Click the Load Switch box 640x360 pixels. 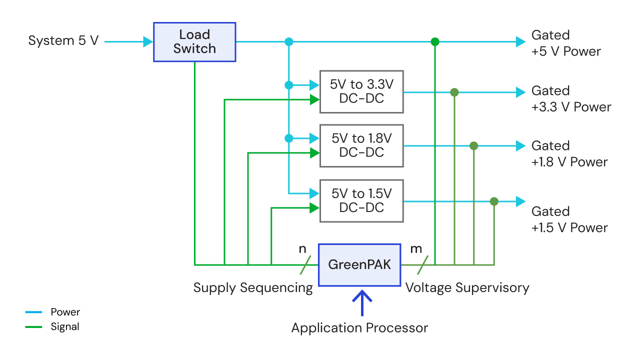tap(194, 42)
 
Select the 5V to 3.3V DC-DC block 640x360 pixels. tap(361, 91)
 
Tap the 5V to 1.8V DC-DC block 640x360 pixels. tap(361, 145)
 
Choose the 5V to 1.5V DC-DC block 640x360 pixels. tap(361, 200)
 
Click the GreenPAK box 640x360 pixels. tap(359, 265)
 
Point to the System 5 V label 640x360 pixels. tap(63, 41)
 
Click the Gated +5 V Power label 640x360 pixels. tap(565, 43)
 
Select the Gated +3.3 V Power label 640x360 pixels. tap(570, 99)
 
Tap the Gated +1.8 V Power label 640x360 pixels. tap(569, 154)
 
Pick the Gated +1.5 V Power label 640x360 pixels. tap(569, 219)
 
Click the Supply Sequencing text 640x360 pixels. tap(252, 287)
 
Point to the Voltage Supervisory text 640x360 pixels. tap(467, 287)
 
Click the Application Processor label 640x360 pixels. tap(359, 328)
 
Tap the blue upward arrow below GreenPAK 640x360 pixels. tap(362, 303)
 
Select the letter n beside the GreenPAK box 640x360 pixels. tap(302, 248)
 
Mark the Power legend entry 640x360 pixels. tap(52, 312)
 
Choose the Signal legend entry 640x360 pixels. tap(52, 327)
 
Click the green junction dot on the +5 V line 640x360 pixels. tap(435, 42)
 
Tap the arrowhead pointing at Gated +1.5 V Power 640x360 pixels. tap(520, 201)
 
